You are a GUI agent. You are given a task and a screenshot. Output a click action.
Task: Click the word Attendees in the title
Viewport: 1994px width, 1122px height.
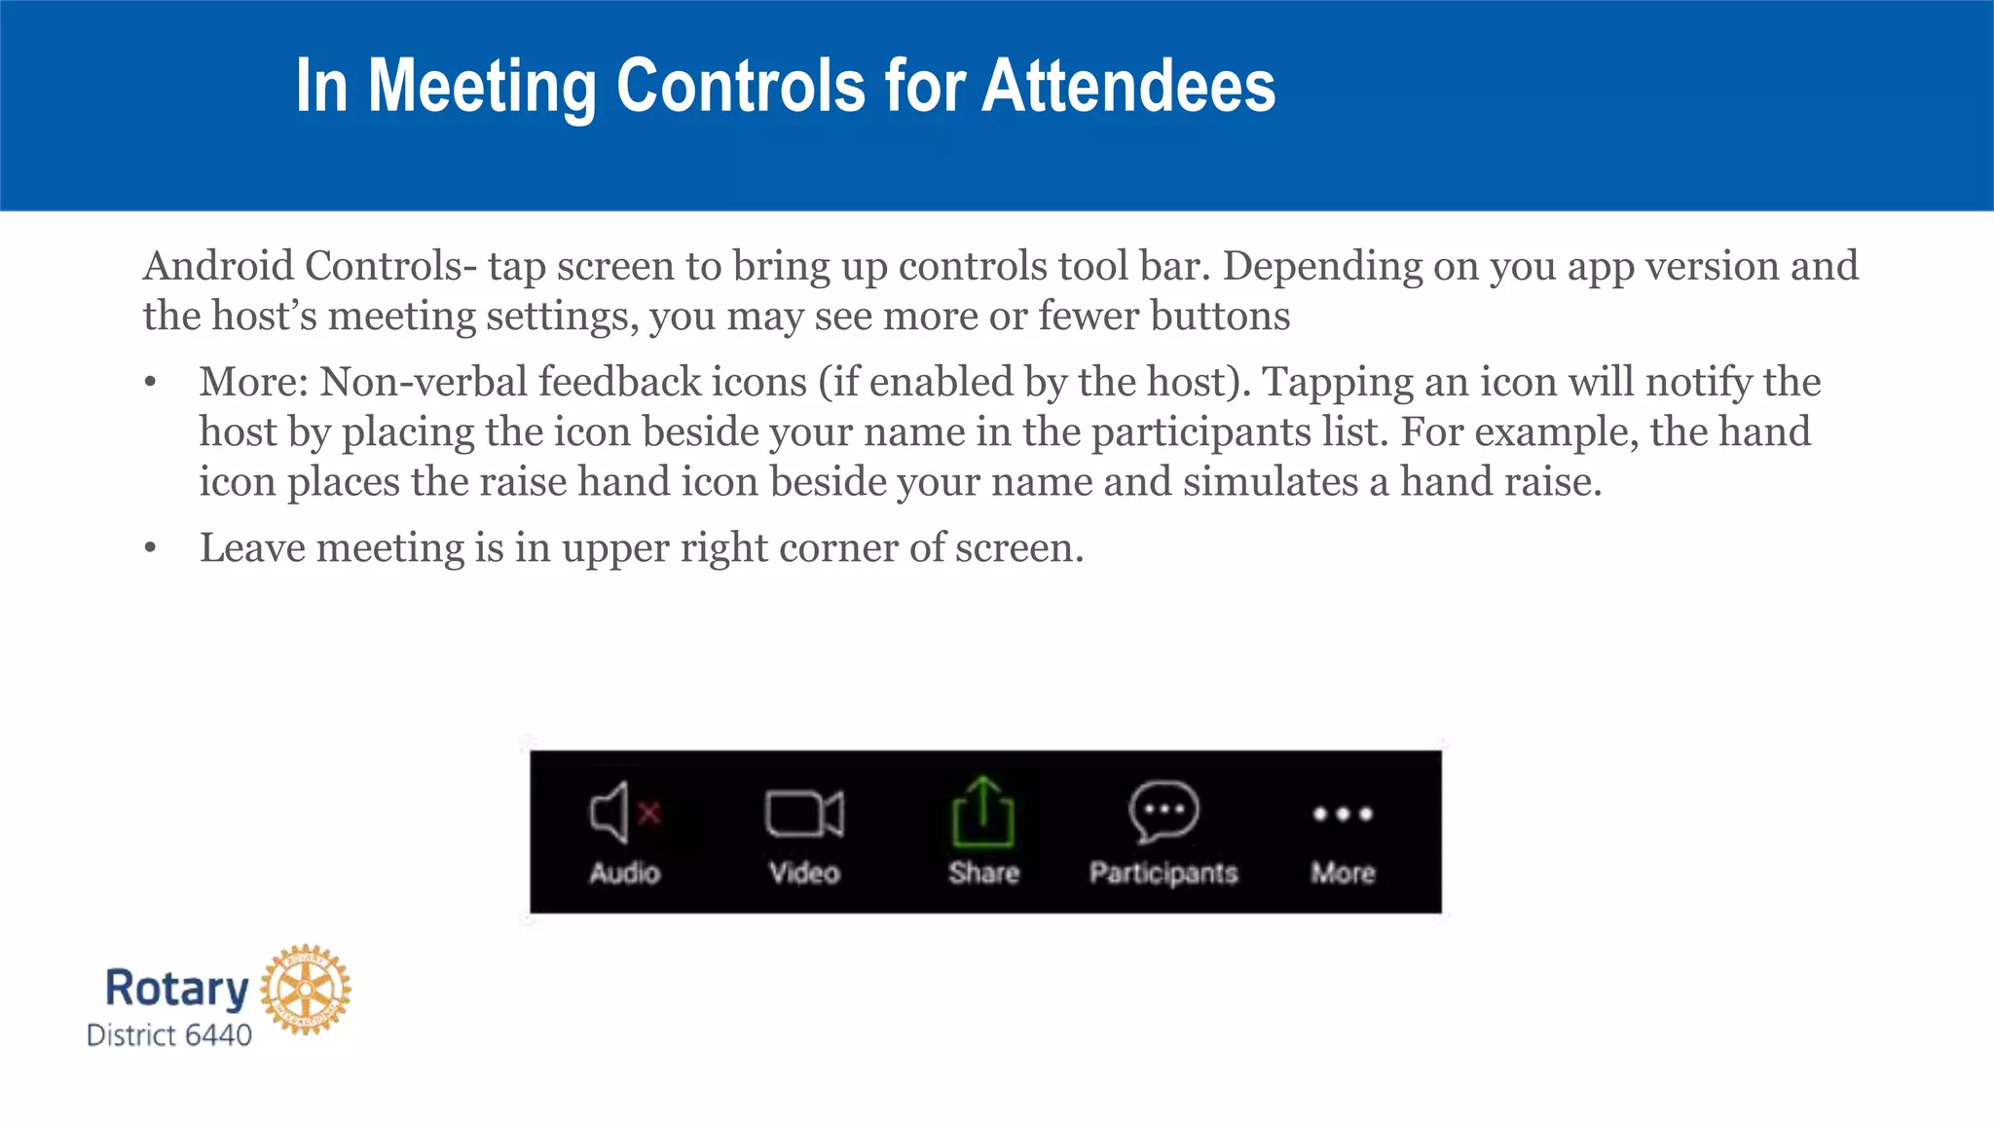1128,86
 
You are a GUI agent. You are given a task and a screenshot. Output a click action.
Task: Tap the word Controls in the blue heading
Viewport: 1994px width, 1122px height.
741,86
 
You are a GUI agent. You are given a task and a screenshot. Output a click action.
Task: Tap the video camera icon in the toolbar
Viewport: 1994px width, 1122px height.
804,813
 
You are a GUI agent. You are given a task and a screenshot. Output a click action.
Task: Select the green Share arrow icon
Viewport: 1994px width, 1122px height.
982,811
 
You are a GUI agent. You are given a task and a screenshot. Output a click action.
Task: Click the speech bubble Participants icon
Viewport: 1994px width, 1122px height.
1163,810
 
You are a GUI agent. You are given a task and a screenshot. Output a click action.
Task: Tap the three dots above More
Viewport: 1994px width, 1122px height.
1343,813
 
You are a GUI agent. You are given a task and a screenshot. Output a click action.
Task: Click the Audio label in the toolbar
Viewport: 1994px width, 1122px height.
625,872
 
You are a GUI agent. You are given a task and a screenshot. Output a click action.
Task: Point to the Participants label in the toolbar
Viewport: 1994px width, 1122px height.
1163,873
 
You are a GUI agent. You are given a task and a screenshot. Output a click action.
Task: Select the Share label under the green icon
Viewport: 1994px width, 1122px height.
983,872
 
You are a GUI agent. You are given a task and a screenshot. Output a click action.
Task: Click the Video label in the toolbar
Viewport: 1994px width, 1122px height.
804,872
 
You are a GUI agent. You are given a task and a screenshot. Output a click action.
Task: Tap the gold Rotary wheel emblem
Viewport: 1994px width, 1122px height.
306,989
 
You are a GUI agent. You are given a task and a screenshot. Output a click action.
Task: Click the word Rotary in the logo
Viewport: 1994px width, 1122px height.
177,988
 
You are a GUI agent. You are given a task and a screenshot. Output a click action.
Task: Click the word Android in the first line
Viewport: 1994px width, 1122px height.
218,266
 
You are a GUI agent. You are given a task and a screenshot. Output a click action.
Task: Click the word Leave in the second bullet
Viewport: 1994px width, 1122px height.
252,547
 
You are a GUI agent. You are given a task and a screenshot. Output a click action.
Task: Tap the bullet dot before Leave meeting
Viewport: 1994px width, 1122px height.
150,548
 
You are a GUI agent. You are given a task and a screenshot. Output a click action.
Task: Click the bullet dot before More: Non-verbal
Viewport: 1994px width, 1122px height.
150,382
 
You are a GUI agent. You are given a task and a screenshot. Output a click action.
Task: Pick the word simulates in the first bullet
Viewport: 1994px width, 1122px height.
1270,481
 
